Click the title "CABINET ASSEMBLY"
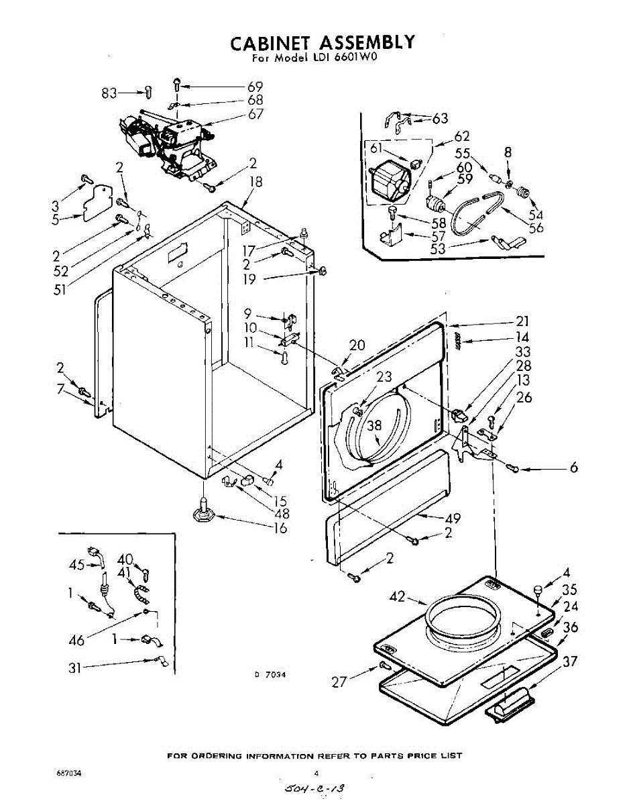click(323, 43)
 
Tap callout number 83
click(109, 93)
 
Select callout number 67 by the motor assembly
click(255, 113)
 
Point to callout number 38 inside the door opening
click(374, 424)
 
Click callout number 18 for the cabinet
click(255, 182)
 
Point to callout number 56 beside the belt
click(535, 227)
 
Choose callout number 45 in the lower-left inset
click(77, 565)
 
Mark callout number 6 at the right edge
click(574, 468)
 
